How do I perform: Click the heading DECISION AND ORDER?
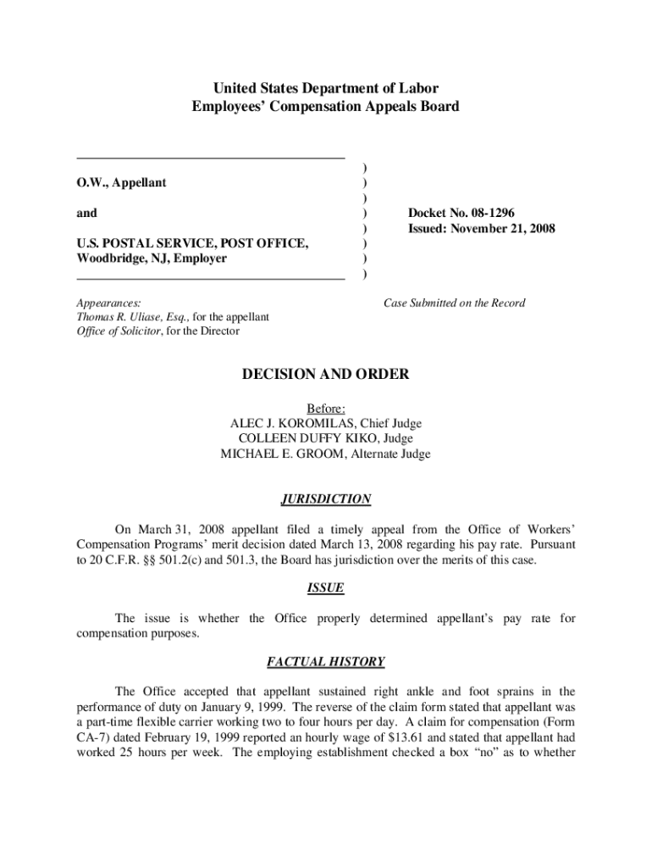pyautogui.click(x=326, y=374)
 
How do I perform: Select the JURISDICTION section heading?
pyautogui.click(x=326, y=499)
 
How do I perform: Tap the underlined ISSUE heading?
pyautogui.click(x=326, y=587)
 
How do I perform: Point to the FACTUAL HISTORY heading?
pyautogui.click(x=326, y=661)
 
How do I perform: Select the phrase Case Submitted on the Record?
pyautogui.click(x=454, y=303)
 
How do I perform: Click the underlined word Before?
pyautogui.click(x=326, y=408)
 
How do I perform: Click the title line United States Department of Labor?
pyautogui.click(x=326, y=88)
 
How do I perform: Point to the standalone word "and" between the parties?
pyautogui.click(x=86, y=213)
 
